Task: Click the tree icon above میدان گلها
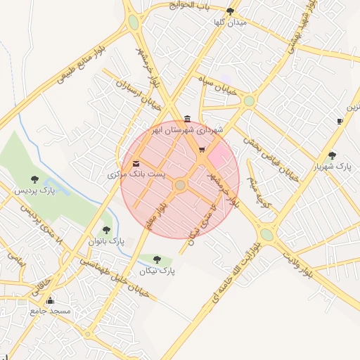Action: coord(231,11)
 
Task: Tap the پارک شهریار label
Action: coord(333,166)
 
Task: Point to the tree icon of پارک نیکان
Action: coord(157,259)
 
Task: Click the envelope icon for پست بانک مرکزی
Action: coord(136,164)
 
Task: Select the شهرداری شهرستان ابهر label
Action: coord(189,130)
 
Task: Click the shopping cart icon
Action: coord(202,149)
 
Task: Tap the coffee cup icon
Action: coord(340,121)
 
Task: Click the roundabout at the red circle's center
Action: coord(180,184)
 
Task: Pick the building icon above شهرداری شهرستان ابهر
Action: coord(186,118)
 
